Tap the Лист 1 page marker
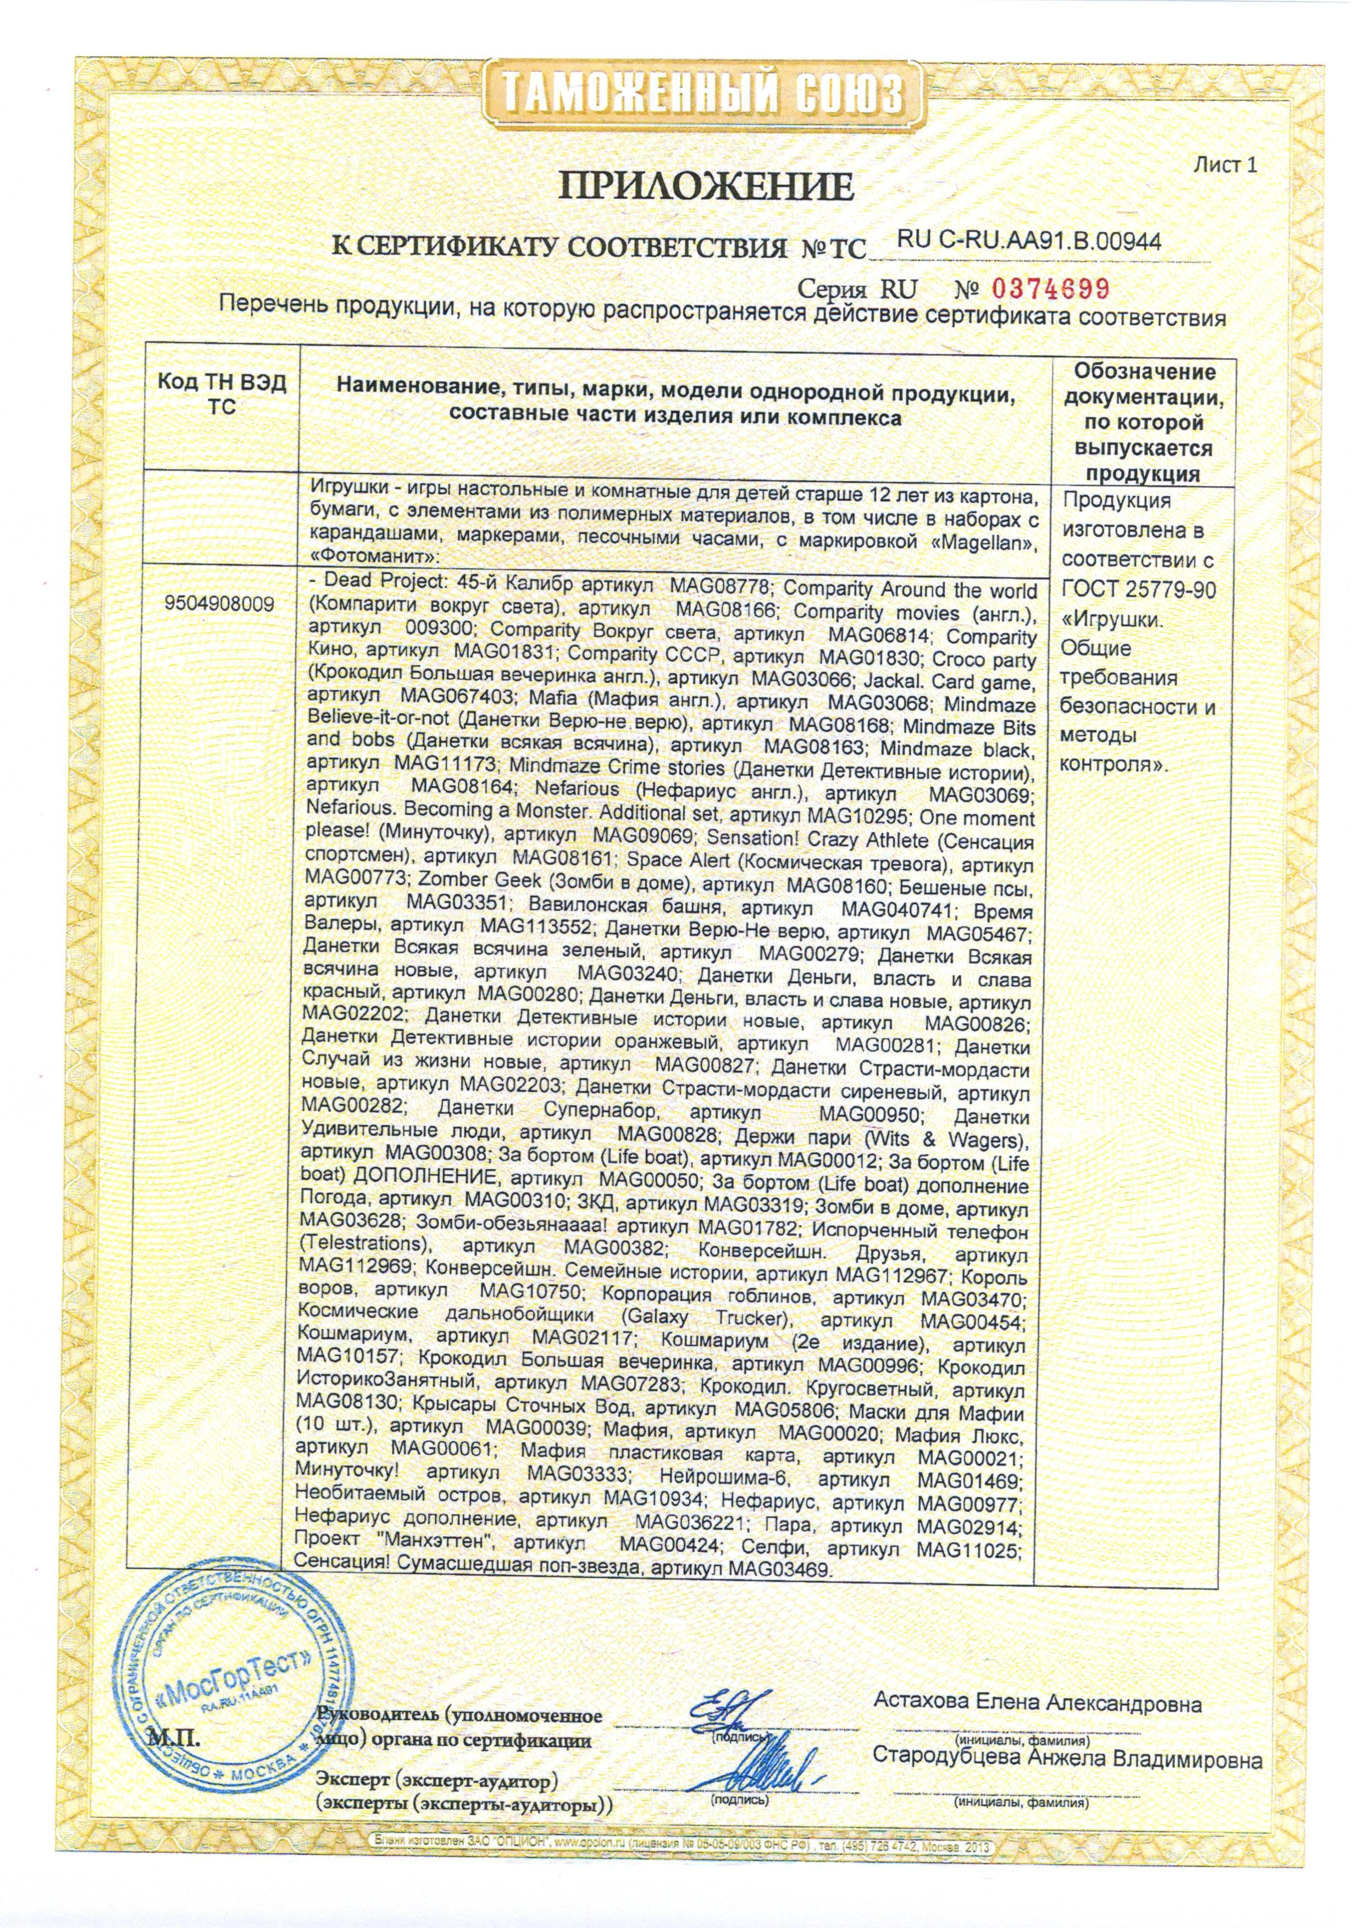(1226, 165)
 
